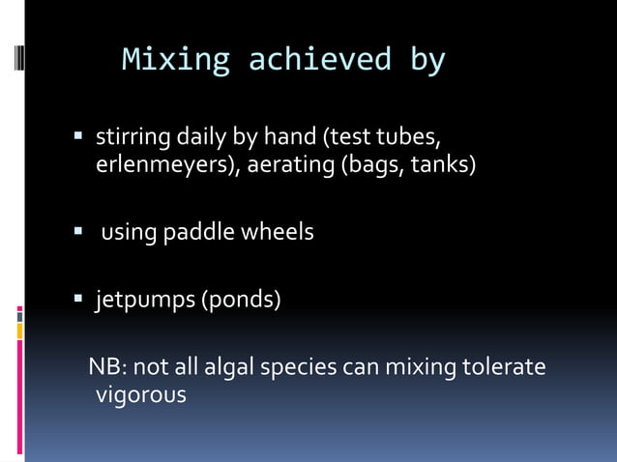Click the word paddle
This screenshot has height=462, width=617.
(x=200, y=233)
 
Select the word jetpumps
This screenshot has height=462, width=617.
(x=144, y=301)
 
